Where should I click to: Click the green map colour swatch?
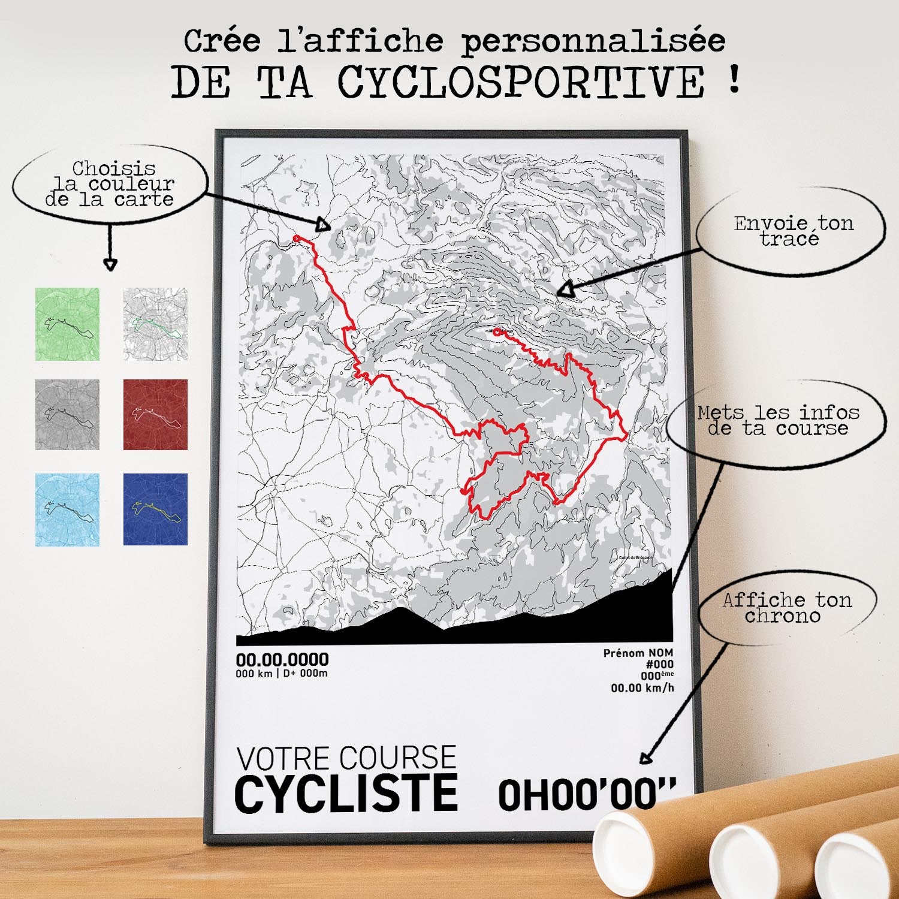67,324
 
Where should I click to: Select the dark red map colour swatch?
155,414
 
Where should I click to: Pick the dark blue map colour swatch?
155,509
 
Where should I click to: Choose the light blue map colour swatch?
67,509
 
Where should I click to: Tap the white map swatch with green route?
155,324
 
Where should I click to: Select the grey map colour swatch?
67,414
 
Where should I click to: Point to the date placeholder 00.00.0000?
282,660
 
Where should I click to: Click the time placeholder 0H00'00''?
587,795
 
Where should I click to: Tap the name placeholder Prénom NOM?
638,653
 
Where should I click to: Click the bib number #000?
659,664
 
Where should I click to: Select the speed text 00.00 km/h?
642,688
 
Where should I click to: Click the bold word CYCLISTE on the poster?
346,794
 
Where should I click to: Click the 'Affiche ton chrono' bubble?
786,607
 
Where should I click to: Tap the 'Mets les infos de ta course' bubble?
778,420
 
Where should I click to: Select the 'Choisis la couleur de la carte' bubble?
110,183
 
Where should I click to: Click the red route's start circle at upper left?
296,239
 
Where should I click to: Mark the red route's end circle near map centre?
497,332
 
